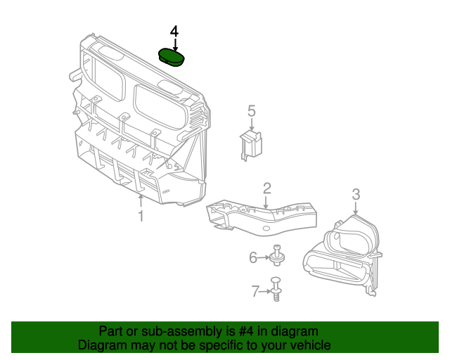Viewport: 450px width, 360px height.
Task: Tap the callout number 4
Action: pos(174,32)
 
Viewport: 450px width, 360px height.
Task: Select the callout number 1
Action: pos(141,217)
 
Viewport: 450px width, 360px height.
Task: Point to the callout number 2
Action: pos(267,188)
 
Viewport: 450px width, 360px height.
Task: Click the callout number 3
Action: pos(356,194)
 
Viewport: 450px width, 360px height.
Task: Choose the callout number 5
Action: pos(252,110)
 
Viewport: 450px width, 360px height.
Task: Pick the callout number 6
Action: pos(253,258)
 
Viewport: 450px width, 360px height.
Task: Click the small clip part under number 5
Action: pos(250,145)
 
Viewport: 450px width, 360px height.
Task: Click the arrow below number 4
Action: pos(174,44)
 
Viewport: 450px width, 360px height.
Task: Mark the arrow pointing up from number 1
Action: pos(141,202)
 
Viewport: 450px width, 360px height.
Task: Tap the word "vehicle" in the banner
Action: pos(309,345)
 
